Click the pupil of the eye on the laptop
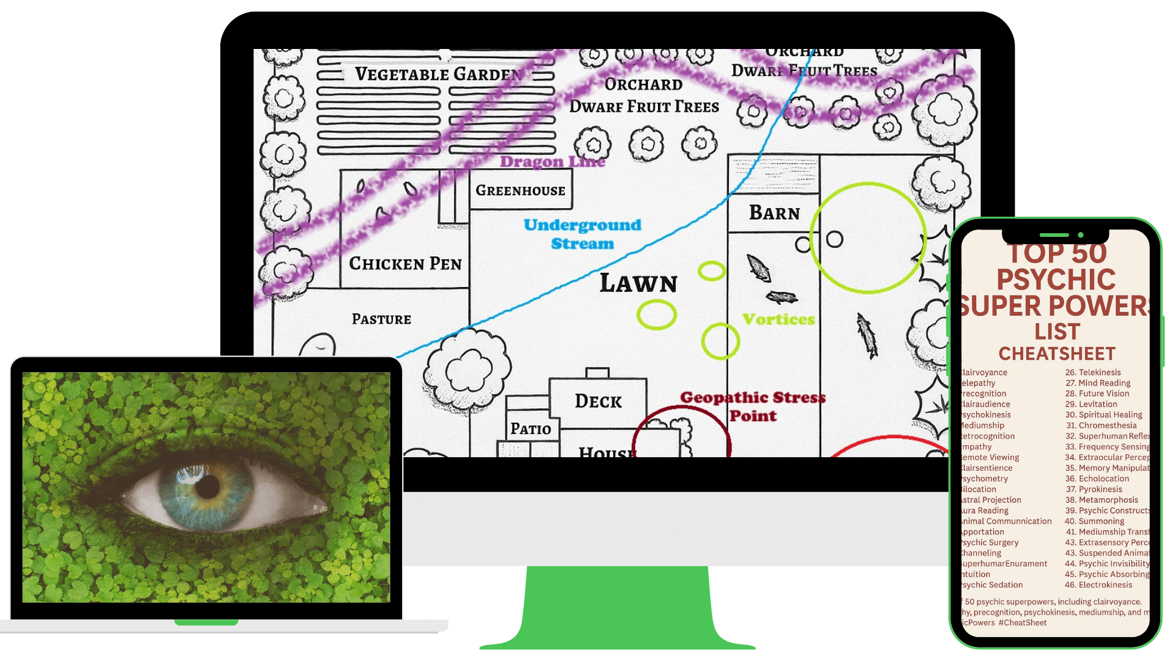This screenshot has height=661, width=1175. click(207, 487)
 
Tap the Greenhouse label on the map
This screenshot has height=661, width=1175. click(520, 190)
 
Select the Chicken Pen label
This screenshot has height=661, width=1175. click(405, 264)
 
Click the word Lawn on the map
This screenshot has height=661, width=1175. click(638, 283)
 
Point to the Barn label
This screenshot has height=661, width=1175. click(774, 213)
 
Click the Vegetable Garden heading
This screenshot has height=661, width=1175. click(438, 75)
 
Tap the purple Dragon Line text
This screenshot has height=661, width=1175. click(552, 162)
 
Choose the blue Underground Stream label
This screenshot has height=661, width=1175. click(582, 234)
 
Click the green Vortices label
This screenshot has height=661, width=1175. click(778, 319)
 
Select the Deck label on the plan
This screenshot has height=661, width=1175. click(598, 401)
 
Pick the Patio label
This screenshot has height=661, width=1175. click(531, 429)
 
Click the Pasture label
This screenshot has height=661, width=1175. click(381, 319)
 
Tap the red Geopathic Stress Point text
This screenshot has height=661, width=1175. click(753, 406)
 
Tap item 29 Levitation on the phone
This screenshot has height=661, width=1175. click(1091, 404)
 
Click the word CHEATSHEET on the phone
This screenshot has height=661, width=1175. click(1057, 354)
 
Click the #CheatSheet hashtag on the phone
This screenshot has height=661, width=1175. click(1023, 622)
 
